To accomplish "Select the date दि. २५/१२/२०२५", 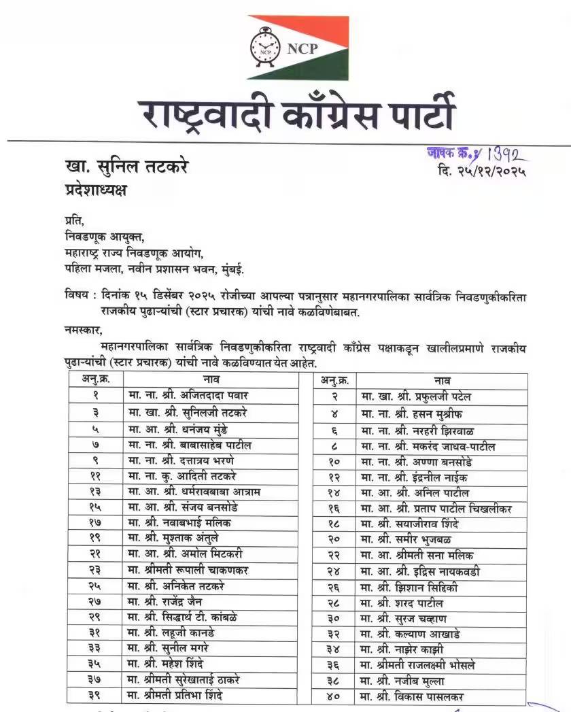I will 483,171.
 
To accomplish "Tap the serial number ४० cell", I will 333,696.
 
